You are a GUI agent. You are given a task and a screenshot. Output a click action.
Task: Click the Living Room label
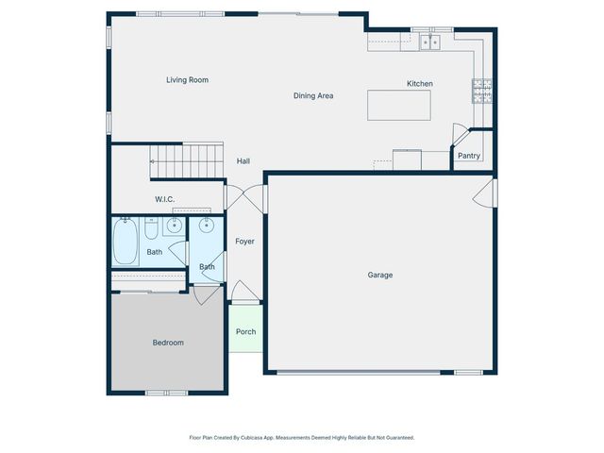click(187, 80)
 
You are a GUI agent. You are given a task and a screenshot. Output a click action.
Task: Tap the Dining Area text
click(313, 95)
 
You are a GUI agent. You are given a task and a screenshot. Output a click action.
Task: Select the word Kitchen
click(420, 84)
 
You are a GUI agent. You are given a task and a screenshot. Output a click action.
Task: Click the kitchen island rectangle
click(399, 105)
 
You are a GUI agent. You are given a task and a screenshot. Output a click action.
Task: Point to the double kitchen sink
click(431, 42)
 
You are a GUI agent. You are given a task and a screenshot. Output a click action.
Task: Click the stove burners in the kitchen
click(482, 91)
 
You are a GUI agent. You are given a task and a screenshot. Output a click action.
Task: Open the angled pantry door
click(460, 135)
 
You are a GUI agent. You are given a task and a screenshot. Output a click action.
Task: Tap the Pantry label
click(469, 156)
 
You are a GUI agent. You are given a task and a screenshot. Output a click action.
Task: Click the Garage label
click(380, 275)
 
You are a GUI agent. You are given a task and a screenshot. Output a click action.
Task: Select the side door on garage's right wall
click(484, 195)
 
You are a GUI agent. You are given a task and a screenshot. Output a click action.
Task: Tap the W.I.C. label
click(165, 199)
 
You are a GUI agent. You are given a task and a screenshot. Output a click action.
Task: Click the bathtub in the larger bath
click(126, 243)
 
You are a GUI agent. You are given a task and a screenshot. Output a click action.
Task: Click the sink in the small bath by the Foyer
click(207, 226)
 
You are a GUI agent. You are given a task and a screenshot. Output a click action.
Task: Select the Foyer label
click(244, 242)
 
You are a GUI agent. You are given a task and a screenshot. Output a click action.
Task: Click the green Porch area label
click(245, 331)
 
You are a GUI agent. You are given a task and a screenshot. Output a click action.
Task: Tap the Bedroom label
click(168, 343)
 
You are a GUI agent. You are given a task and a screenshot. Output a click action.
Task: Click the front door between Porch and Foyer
click(243, 294)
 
